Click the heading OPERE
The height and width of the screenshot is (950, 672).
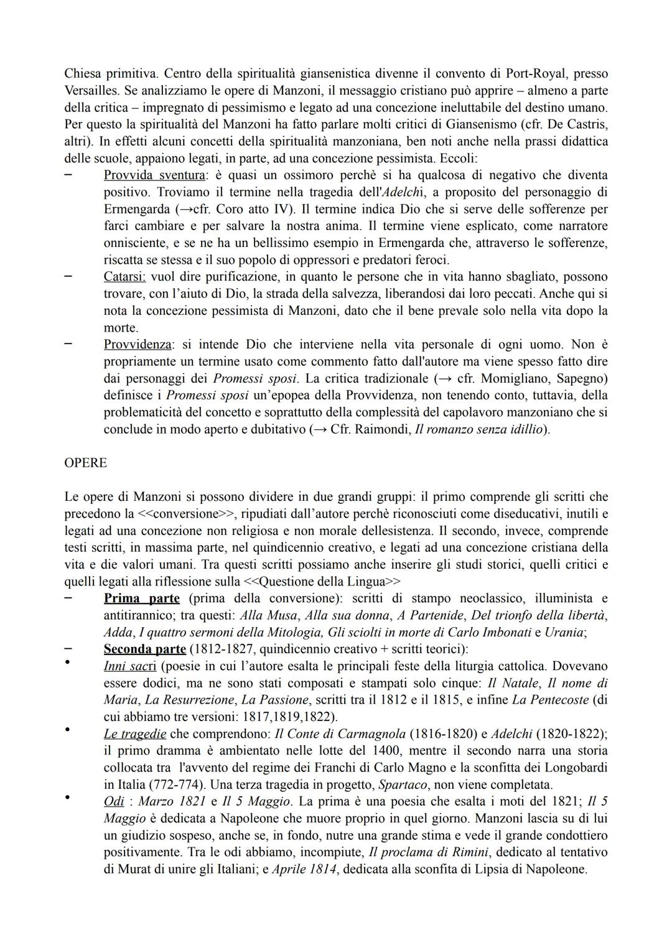[85, 463]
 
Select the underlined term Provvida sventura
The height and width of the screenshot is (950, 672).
[154, 175]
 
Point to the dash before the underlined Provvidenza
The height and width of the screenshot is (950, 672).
[70, 344]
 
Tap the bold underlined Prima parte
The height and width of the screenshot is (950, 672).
[142, 598]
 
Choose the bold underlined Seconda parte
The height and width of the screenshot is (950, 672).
[145, 649]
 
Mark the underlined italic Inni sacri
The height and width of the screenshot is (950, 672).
[130, 666]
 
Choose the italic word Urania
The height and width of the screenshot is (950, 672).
[565, 632]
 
